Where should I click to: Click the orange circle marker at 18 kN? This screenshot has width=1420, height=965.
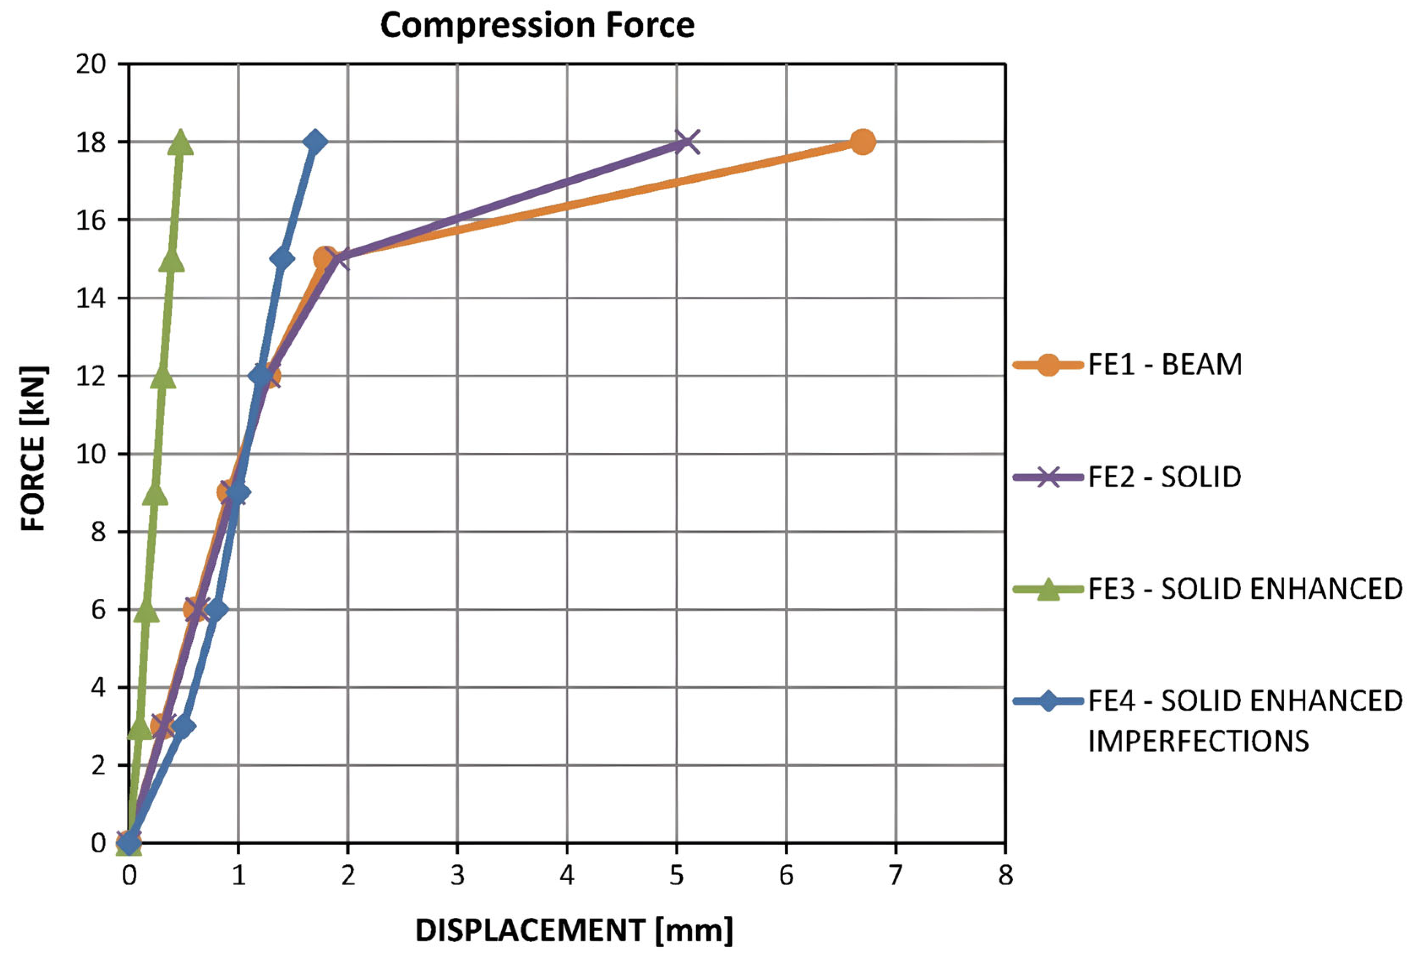(x=862, y=142)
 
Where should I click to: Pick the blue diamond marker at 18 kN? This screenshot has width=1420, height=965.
(x=315, y=142)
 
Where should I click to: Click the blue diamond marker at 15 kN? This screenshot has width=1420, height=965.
(x=281, y=259)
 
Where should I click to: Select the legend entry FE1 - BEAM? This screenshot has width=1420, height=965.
(x=1165, y=365)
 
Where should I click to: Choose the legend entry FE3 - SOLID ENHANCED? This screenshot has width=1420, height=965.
(x=1244, y=589)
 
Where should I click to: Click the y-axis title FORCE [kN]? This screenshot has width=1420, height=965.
(x=34, y=448)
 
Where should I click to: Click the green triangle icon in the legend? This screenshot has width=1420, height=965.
(x=1047, y=589)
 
